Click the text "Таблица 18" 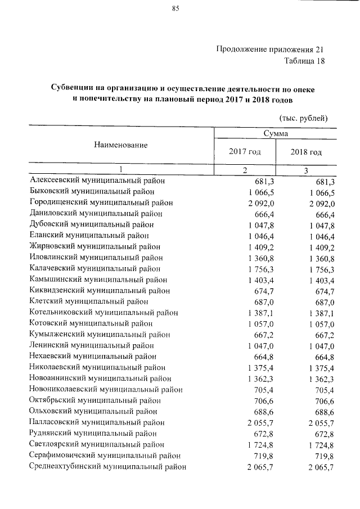305,61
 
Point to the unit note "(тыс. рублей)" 303,118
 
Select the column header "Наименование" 120,145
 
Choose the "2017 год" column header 245,152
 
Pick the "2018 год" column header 306,152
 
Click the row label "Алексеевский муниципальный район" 97,182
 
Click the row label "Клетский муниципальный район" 89,301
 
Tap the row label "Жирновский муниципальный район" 94,246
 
